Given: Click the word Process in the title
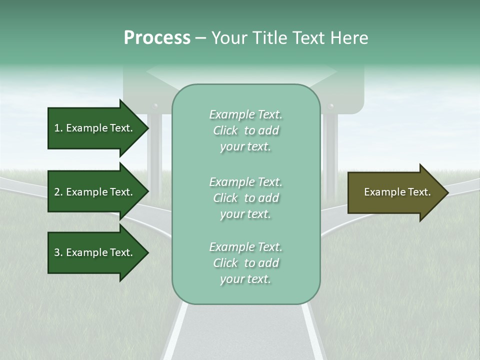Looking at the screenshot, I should click(157, 38).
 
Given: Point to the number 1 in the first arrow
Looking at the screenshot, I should click(57, 128).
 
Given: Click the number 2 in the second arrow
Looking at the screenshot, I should click(57, 192).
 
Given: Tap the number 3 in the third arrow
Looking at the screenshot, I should click(57, 252).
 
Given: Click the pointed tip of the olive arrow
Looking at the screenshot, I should click(447, 192).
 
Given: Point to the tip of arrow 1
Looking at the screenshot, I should click(147, 128).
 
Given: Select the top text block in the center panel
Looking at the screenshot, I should click(245, 130).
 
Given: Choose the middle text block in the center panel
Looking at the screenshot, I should click(245, 198).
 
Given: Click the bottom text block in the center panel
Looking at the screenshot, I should click(245, 263).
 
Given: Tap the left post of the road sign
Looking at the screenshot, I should click(155, 150).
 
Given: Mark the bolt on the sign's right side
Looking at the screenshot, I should click(330, 106).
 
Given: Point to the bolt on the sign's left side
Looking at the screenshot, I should click(155, 106).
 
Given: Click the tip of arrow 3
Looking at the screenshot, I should click(147, 252).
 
